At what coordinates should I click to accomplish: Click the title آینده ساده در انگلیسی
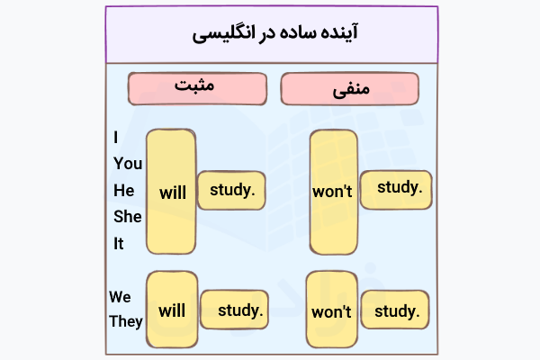coord(269,35)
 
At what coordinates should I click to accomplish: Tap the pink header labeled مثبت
coord(198,87)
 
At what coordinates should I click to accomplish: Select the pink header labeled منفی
coord(351,89)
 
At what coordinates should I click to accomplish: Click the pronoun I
coord(116,138)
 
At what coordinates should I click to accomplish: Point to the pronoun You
coord(128,164)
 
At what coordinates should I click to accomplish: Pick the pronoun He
coord(123,190)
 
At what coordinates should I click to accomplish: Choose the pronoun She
coord(127,216)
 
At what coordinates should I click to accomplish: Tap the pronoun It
coord(119,243)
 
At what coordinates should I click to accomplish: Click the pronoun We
coord(121,296)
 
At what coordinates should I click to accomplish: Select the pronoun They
coord(126,321)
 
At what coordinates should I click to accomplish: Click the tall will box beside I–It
coord(171,192)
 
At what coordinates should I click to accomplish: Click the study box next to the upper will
coord(231,190)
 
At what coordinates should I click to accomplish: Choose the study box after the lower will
coord(235,311)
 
